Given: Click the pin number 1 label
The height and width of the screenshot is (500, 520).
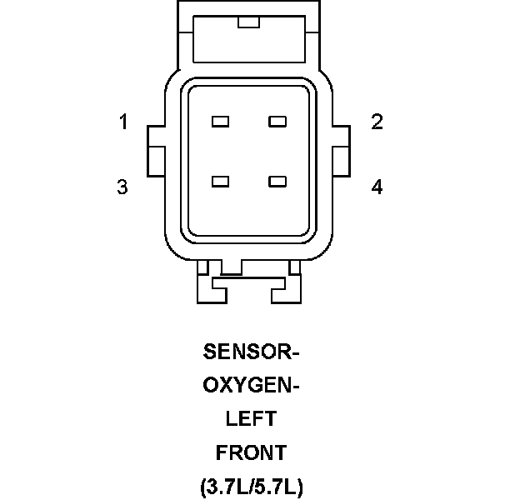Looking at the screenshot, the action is [x=123, y=122].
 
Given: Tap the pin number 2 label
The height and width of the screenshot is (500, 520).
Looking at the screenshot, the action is [x=377, y=122].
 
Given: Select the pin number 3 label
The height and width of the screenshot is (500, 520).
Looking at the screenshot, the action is [x=122, y=187].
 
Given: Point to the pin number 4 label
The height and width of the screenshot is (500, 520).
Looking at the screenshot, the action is [x=377, y=187].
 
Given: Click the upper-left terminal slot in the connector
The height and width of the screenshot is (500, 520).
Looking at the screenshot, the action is [x=220, y=122].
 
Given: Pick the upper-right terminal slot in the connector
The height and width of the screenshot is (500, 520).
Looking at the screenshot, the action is [x=277, y=122].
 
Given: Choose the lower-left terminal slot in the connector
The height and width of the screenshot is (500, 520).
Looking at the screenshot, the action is [x=220, y=181].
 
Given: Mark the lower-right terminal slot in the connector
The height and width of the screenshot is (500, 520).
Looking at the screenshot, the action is [x=277, y=181].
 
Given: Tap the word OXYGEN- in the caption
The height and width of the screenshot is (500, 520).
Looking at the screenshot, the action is [x=251, y=386].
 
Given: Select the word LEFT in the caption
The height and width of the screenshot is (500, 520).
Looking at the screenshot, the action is [x=251, y=419].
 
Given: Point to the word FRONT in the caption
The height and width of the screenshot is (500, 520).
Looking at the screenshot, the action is [x=251, y=453].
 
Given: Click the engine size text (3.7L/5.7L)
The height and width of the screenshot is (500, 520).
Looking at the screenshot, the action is [x=251, y=486].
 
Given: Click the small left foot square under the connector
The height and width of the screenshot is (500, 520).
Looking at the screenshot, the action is [x=204, y=267].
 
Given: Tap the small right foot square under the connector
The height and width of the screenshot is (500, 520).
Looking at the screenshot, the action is [x=294, y=267].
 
